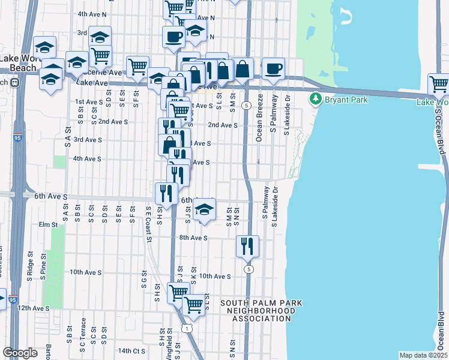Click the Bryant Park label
[x=346, y=100]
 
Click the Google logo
[x=20, y=353]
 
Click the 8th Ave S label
[x=193, y=238]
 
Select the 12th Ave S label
[x=33, y=308]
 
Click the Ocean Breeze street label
[x=259, y=118]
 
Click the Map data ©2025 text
[x=423, y=355]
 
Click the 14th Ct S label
[x=131, y=350]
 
